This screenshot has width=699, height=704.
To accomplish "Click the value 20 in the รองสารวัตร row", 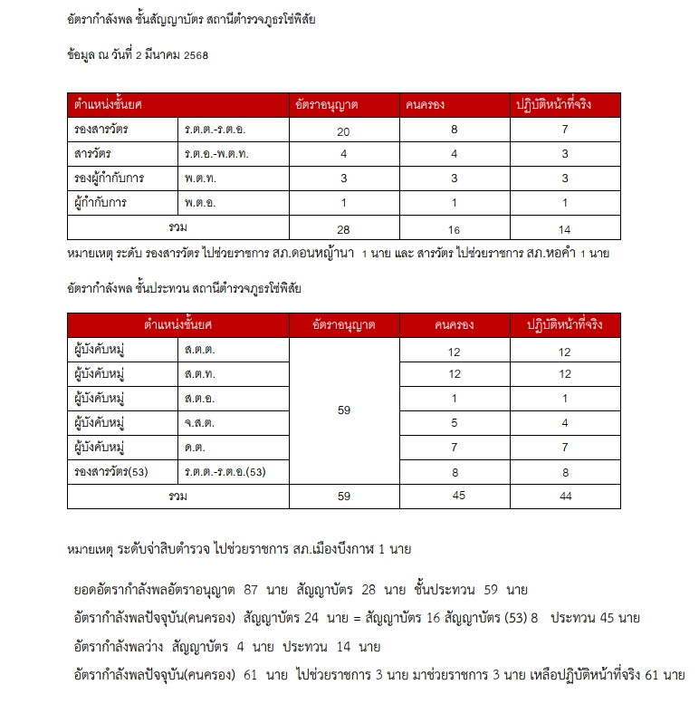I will pyautogui.click(x=343, y=131).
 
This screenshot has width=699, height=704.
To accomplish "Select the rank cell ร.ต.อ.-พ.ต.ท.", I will pyautogui.click(x=216, y=154).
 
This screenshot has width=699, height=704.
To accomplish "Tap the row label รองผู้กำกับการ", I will pyautogui.click(x=110, y=178).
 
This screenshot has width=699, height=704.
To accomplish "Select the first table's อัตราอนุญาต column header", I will pyautogui.click(x=323, y=106).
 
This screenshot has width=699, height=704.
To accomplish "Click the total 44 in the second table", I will pyautogui.click(x=564, y=497).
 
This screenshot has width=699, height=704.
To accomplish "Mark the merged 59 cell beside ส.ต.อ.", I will pyautogui.click(x=343, y=410).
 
